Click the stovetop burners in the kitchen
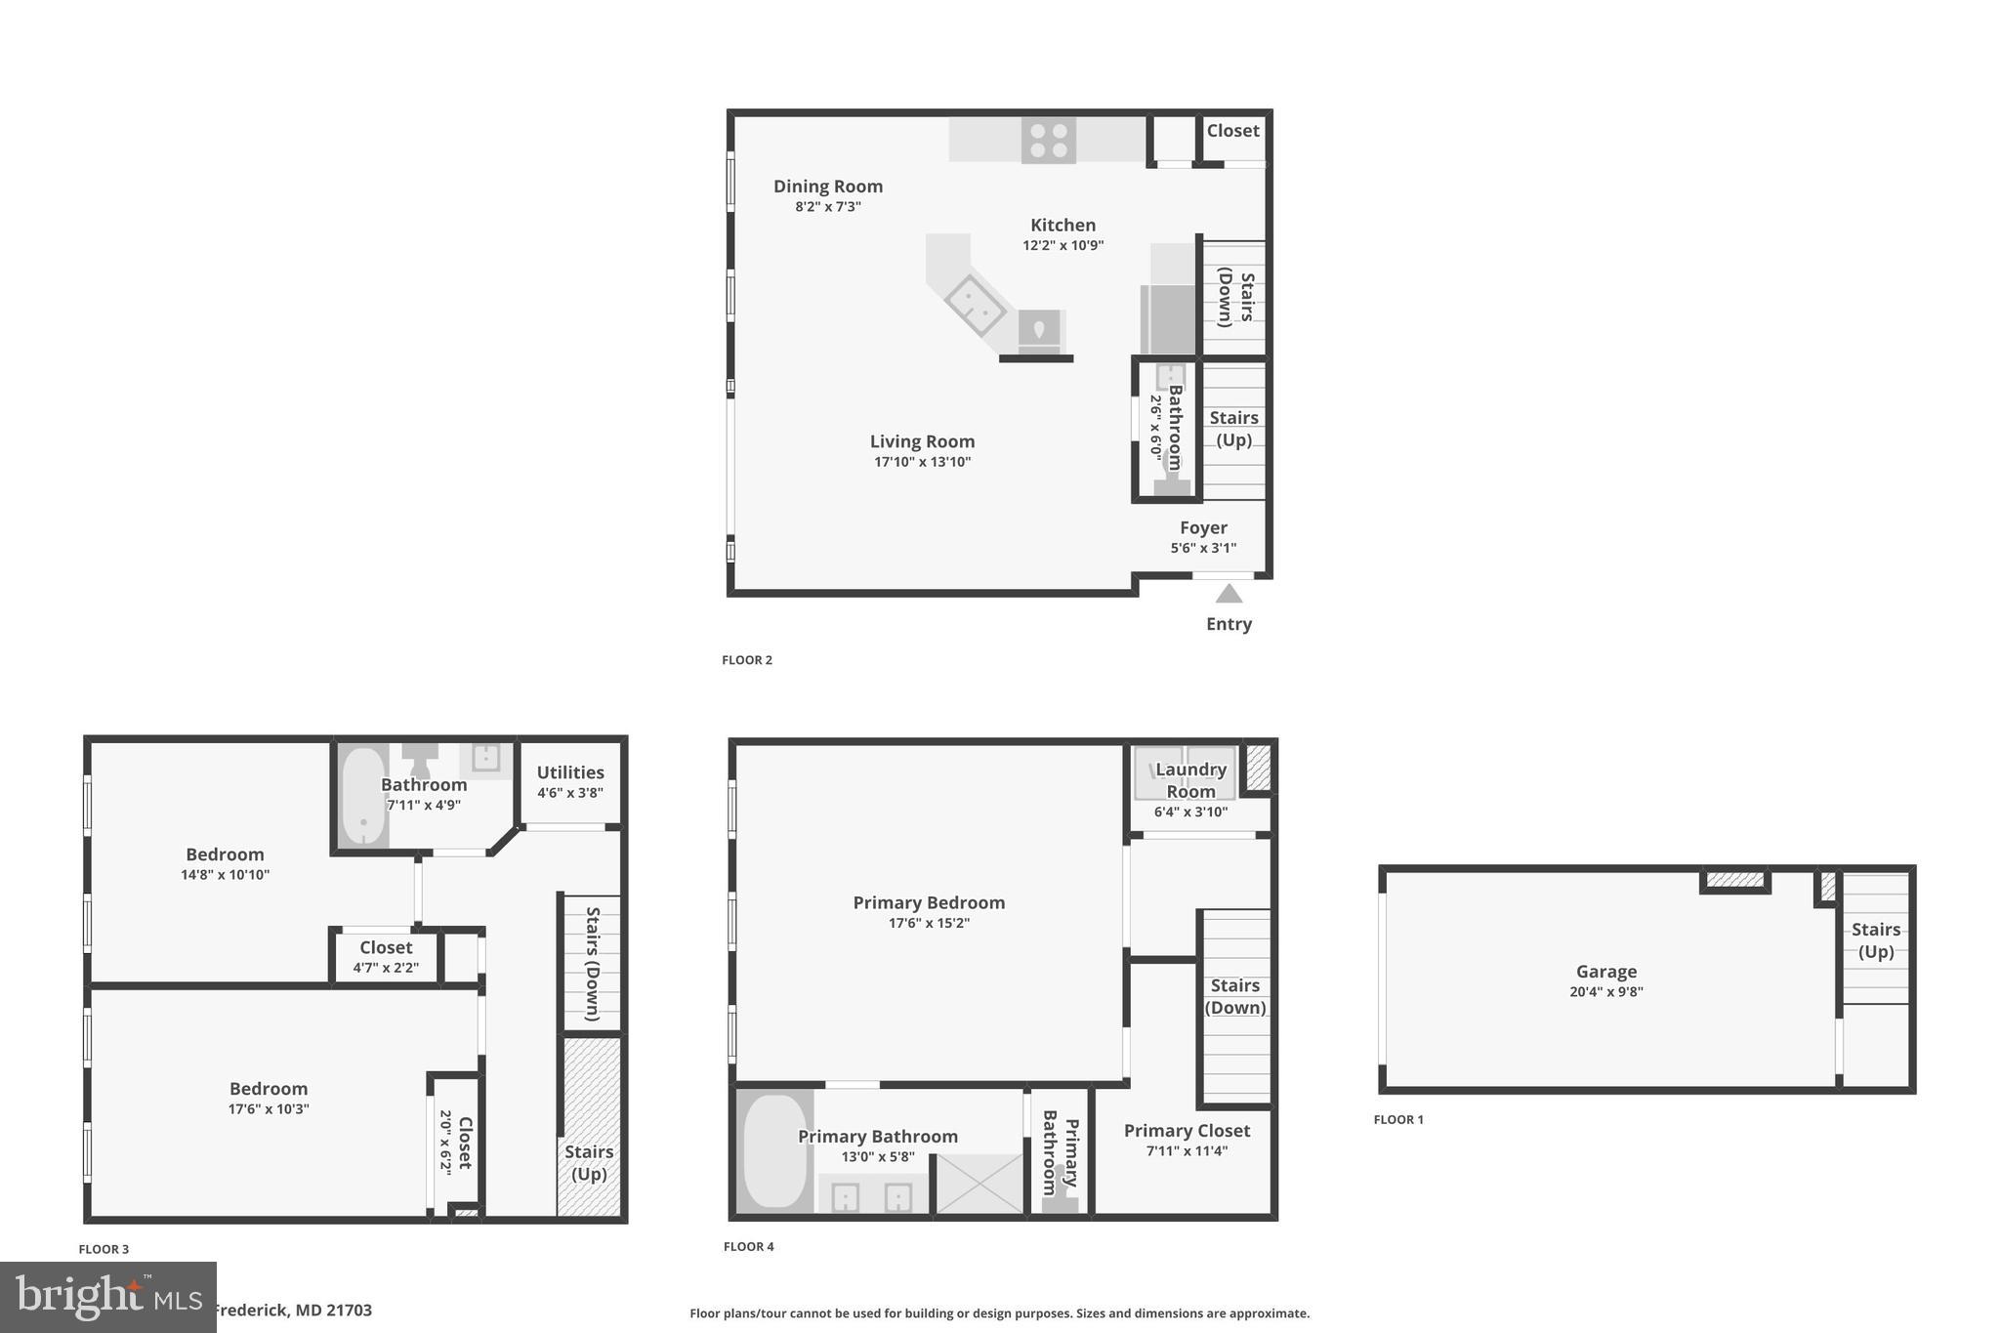tap(1048, 140)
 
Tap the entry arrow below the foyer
tap(1229, 594)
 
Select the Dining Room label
tap(828, 187)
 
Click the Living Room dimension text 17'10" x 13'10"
tap(922, 462)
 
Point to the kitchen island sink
tap(975, 305)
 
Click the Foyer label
tap(1203, 528)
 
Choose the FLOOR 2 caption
tap(747, 660)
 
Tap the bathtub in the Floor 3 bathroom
tap(363, 798)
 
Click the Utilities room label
tap(570, 772)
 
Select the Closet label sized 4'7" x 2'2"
tap(386, 947)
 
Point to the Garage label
tap(1606, 972)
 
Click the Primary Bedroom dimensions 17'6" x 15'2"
tap(929, 924)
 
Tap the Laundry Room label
tap(1190, 780)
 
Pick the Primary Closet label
tap(1187, 1131)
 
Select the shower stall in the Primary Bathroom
tap(979, 1185)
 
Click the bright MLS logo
tap(108, 1297)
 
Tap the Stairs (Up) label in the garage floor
tap(1876, 940)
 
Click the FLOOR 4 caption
tap(749, 1247)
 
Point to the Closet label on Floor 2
tap(1232, 131)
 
